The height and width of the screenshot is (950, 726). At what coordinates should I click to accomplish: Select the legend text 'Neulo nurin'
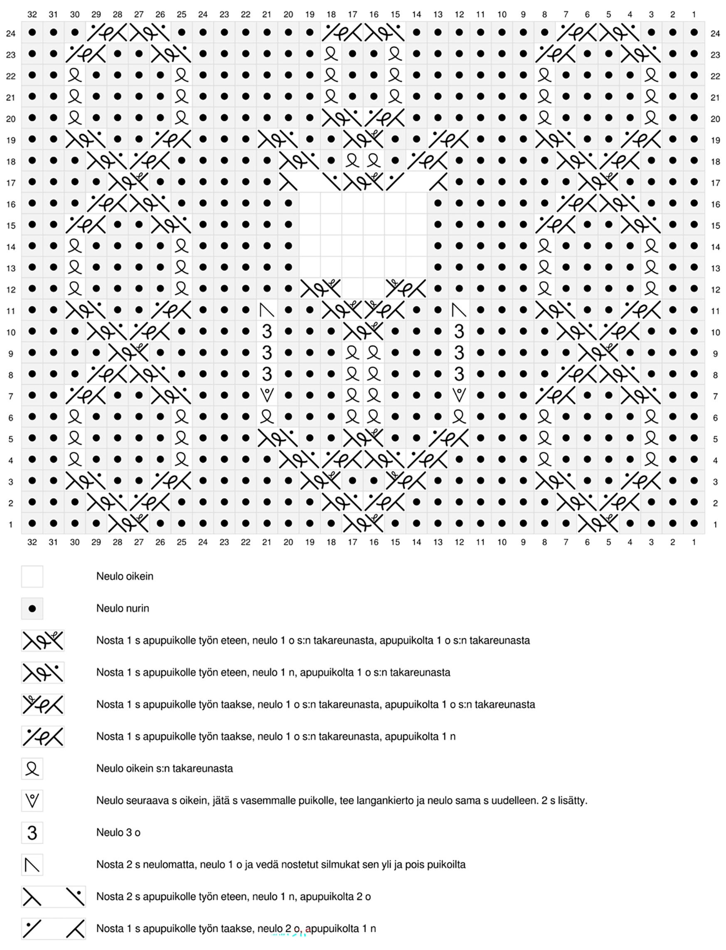(122, 608)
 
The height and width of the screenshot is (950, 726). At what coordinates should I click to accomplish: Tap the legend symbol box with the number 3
(32, 832)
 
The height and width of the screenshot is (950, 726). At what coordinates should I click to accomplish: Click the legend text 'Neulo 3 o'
(118, 832)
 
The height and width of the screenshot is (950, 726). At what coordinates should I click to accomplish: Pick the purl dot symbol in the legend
(32, 608)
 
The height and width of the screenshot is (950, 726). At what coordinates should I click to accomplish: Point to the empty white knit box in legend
(32, 576)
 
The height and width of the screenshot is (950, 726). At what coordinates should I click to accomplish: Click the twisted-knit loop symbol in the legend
(32, 768)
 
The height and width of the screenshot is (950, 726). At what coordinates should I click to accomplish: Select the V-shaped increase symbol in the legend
(32, 800)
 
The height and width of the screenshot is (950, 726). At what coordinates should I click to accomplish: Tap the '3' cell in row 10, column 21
(267, 332)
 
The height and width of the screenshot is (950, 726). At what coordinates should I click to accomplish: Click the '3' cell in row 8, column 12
(459, 374)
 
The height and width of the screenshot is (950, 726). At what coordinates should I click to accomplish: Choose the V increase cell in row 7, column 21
(267, 396)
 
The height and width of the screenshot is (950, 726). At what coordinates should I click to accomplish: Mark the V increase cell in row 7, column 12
(459, 396)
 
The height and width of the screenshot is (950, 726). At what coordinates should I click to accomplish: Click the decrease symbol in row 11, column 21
(267, 310)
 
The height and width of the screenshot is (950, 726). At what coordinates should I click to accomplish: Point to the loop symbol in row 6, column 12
(459, 417)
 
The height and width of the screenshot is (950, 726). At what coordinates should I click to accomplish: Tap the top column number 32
(32, 15)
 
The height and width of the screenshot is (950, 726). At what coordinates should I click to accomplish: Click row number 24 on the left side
(11, 33)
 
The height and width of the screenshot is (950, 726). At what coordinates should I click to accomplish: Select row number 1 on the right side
(715, 525)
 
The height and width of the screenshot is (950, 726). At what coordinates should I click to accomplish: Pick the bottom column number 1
(694, 542)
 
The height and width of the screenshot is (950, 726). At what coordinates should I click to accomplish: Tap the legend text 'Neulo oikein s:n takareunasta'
(164, 768)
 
